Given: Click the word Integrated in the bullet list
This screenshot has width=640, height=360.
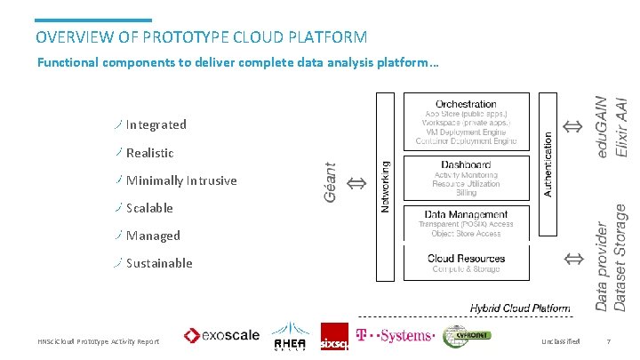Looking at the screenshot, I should pyautogui.click(x=156, y=124).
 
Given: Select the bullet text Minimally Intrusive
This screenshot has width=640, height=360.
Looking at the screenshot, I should pyautogui.click(x=181, y=180).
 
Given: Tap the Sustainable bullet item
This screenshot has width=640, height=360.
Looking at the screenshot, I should pyautogui.click(x=159, y=263).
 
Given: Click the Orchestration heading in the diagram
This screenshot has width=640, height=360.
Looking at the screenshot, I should pyautogui.click(x=466, y=104).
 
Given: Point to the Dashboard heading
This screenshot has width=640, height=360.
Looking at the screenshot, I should pyautogui.click(x=466, y=164).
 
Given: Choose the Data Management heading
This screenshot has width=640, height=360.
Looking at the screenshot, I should pyautogui.click(x=466, y=214).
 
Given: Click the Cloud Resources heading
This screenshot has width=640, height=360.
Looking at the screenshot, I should pyautogui.click(x=466, y=259).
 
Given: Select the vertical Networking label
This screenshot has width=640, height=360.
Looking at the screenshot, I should pyautogui.click(x=386, y=186).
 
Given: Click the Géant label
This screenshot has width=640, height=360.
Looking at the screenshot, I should pyautogui.click(x=330, y=181).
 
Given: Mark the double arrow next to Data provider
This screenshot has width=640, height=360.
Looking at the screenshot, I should pyautogui.click(x=573, y=259).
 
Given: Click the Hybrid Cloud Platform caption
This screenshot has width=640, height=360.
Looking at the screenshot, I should pyautogui.click(x=520, y=308).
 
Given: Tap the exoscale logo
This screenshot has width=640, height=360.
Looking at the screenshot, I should pyautogui.click(x=221, y=336).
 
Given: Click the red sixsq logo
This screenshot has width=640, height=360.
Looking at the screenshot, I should pyautogui.click(x=334, y=337).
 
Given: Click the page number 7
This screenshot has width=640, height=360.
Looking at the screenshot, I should pyautogui.click(x=608, y=341).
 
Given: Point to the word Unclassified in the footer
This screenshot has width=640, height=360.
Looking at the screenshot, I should pyautogui.click(x=560, y=341).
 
